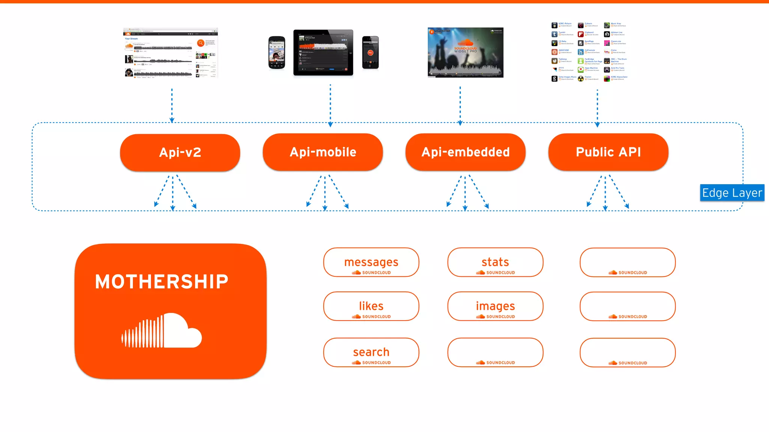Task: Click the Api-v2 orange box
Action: tap(180, 152)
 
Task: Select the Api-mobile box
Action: tap(323, 152)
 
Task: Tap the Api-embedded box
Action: tap(465, 152)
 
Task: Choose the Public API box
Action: tap(608, 152)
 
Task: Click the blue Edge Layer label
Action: tap(732, 193)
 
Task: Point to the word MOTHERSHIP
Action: tap(161, 282)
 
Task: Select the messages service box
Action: tap(371, 262)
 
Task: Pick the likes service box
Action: tap(371, 306)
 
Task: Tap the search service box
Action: tap(371, 352)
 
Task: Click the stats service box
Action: tap(495, 262)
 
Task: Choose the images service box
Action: tap(495, 306)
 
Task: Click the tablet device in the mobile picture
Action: tap(323, 52)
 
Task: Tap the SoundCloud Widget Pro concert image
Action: tap(465, 52)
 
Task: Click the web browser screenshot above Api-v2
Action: tap(170, 52)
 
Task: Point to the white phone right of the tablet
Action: tap(370, 52)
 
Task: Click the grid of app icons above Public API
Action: tap(589, 52)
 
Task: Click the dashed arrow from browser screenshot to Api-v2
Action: tap(172, 105)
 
